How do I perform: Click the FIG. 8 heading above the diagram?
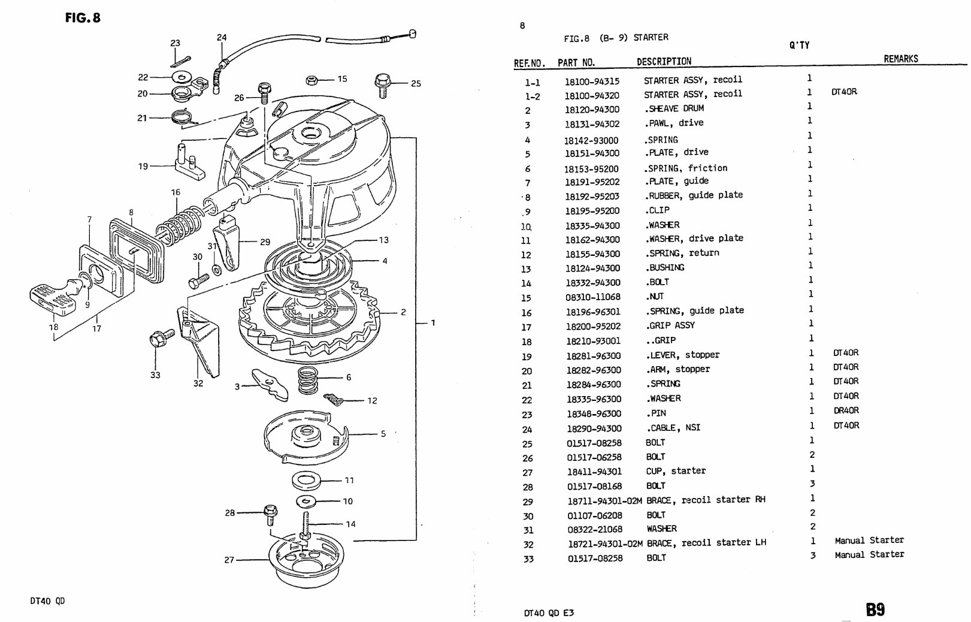tap(83, 17)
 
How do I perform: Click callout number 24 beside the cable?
tap(222, 37)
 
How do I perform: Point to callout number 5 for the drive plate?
tap(383, 434)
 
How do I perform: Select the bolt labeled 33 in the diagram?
tap(159, 340)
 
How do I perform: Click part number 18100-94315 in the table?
tap(592, 81)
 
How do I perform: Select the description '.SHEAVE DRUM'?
tap(674, 108)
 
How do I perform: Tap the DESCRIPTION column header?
tap(664, 61)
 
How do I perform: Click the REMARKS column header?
tap(900, 59)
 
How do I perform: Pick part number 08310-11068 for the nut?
tap(593, 297)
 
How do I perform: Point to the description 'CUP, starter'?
tap(676, 471)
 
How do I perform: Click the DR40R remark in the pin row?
tap(846, 410)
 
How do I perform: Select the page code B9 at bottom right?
tap(875, 609)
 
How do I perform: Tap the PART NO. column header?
tap(576, 62)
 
